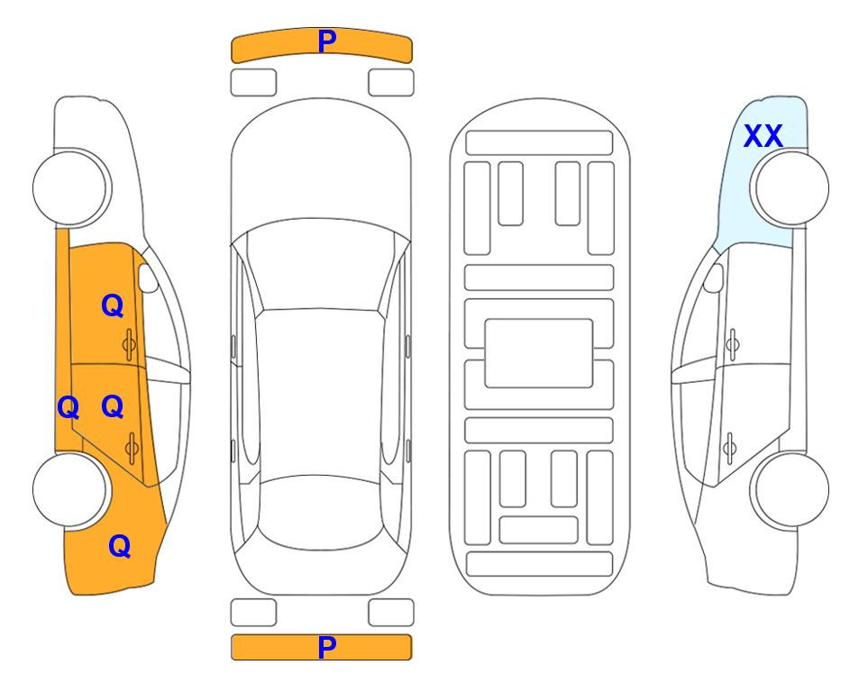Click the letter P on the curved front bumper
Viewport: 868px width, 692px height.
point(326,41)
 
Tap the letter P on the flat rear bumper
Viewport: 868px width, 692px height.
point(326,647)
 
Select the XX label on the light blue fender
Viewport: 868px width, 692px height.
point(763,136)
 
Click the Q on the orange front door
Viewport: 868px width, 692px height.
point(113,305)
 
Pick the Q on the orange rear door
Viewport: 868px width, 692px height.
point(113,407)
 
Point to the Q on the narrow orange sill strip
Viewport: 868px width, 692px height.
point(69,408)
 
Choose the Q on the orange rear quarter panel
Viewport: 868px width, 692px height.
point(120,546)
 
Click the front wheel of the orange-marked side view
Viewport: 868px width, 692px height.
point(71,188)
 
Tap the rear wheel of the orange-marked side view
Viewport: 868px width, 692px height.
point(70,489)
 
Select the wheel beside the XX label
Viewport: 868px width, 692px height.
point(790,188)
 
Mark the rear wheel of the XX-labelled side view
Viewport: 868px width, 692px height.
point(791,489)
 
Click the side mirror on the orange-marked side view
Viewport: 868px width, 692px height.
point(148,278)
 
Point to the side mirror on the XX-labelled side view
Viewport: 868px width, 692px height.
point(713,278)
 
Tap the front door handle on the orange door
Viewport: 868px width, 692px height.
point(129,344)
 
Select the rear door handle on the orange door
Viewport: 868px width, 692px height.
point(132,447)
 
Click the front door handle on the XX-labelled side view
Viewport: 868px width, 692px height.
point(732,344)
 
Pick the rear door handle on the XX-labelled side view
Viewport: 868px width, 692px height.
point(729,447)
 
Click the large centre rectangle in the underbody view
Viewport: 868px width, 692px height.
point(539,353)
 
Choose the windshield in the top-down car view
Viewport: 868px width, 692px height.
point(320,265)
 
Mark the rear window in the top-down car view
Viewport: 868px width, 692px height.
point(321,512)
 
